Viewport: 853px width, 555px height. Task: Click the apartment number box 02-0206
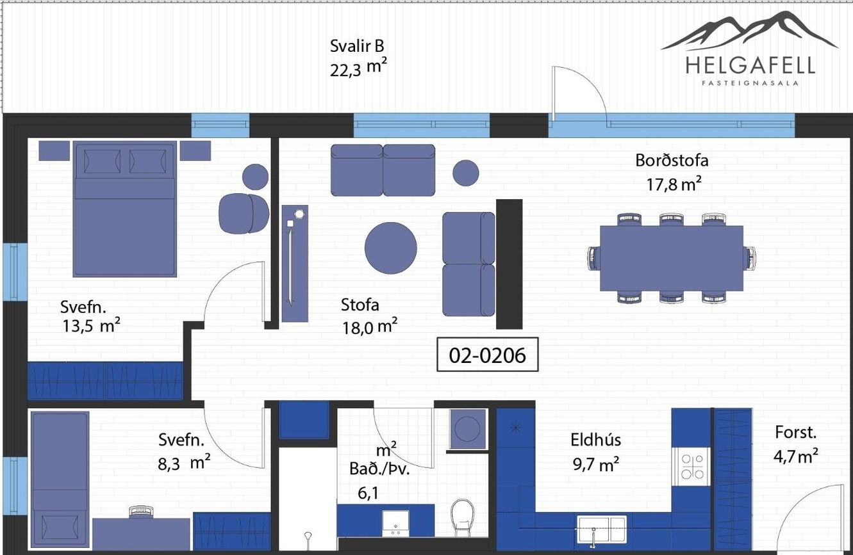point(488,354)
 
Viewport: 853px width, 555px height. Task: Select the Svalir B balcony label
point(357,46)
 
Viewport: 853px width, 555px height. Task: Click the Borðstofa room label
point(672,160)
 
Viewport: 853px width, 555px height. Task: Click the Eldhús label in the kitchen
point(595,440)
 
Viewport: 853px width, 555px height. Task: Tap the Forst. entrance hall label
point(796,432)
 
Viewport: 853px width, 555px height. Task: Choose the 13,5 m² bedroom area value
point(92,326)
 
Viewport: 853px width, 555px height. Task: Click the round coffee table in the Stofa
point(391,248)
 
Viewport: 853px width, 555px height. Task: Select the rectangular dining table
point(672,258)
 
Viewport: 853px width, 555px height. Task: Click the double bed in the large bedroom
point(125,209)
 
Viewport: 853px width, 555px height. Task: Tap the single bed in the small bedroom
point(60,479)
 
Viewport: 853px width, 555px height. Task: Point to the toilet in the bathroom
point(463,517)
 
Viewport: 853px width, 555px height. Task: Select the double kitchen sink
point(602,529)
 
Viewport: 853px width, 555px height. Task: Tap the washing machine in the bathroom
point(468,429)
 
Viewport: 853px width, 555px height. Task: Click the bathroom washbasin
point(395,524)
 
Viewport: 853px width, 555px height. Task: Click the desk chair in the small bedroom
point(141,512)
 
